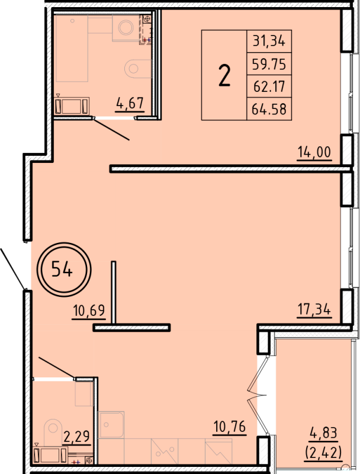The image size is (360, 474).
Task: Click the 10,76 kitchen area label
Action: [229, 426]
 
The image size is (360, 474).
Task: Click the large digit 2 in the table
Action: [224, 76]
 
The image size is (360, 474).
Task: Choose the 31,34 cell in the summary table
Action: [269, 41]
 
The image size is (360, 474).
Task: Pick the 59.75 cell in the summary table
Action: [269, 64]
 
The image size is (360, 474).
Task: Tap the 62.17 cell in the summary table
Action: [269, 87]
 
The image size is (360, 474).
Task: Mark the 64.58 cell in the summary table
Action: [269, 110]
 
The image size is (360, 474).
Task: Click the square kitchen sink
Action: [111, 425]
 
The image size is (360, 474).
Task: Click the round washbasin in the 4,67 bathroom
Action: [126, 27]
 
